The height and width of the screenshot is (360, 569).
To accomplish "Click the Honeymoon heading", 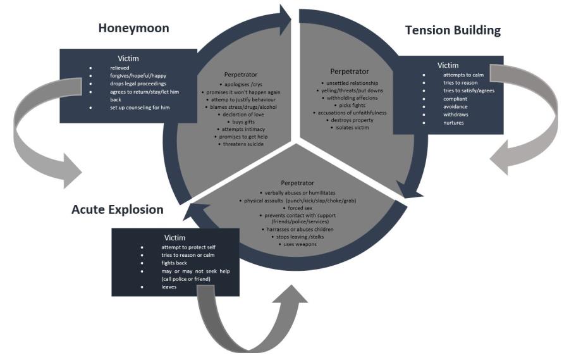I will coord(133,28).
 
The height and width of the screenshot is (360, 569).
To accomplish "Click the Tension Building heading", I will coord(453,30).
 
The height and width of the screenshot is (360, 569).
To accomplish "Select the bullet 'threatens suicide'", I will coord(241,144).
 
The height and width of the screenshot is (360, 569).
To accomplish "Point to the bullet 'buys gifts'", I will coord(241,121).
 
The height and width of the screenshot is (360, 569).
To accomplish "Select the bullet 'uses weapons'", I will coord(297,244).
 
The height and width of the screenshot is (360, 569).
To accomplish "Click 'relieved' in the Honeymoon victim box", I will coord(119,68).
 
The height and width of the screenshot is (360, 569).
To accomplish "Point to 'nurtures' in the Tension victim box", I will coord(454,122).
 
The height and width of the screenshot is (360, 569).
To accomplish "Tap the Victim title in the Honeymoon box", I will coord(128,58).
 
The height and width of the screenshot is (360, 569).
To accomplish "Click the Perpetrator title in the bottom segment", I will coord(297,182).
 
